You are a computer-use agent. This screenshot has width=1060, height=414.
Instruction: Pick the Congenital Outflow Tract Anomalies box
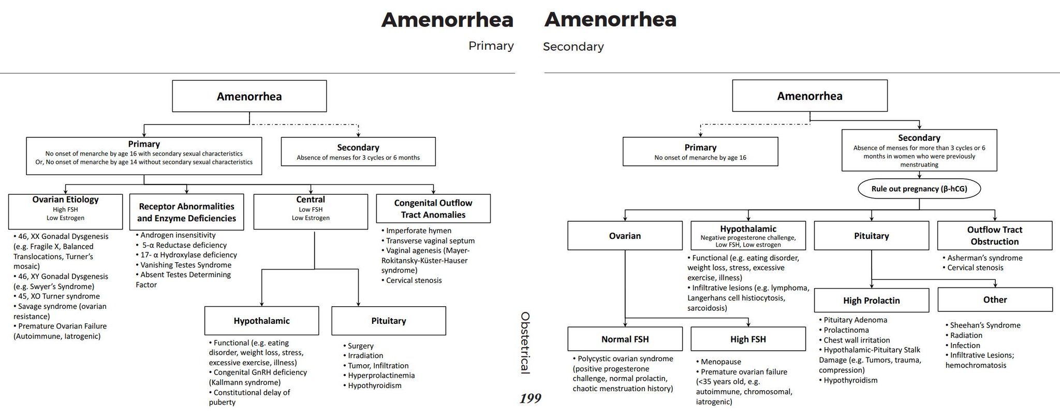(433, 209)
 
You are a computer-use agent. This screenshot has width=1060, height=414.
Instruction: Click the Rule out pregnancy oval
(919, 189)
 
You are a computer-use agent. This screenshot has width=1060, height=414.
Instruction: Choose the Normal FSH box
(625, 339)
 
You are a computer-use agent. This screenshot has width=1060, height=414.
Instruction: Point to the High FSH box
(748, 339)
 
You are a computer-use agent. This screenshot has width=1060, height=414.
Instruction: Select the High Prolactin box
(871, 301)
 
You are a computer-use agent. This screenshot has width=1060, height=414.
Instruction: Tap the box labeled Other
(995, 299)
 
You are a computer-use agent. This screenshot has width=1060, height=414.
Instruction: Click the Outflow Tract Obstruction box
(994, 236)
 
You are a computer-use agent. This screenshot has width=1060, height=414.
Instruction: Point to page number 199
(531, 398)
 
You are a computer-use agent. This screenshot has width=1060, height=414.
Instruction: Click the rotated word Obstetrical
(525, 342)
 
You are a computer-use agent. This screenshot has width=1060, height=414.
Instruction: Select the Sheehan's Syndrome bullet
(985, 325)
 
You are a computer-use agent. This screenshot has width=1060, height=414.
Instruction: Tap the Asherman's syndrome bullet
(984, 258)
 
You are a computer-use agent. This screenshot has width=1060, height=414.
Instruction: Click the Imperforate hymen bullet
(418, 231)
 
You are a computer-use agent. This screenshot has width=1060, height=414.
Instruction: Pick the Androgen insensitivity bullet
(178, 235)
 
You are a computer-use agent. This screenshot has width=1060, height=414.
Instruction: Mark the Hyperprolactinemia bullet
(381, 375)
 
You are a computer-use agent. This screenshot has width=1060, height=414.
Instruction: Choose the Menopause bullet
(720, 362)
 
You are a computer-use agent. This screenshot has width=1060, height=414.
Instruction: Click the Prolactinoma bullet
(846, 330)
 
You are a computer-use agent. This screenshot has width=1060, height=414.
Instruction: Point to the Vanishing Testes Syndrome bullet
(185, 265)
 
